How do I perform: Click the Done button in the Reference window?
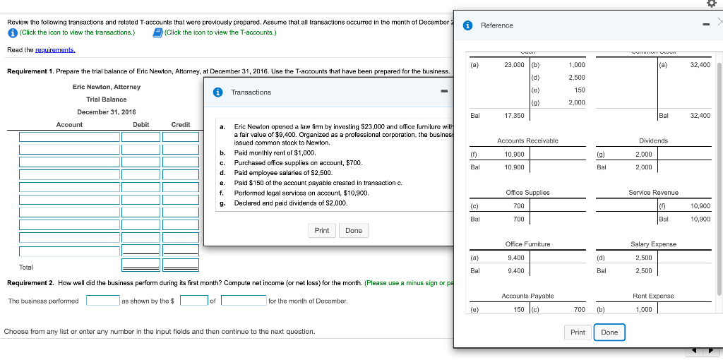(x=609, y=332)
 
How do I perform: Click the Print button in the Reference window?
(x=578, y=332)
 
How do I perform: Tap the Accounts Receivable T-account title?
(x=527, y=140)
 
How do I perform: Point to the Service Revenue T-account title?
(x=653, y=192)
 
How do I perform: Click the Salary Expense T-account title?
(x=653, y=244)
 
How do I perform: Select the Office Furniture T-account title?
(x=527, y=244)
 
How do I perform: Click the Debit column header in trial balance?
(x=141, y=124)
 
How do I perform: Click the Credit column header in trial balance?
(x=181, y=124)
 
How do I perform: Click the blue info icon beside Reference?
(x=467, y=25)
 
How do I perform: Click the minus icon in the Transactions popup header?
(x=444, y=92)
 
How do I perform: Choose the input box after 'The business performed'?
(x=102, y=301)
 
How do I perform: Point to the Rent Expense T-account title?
(x=653, y=296)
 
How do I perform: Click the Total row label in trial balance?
(x=26, y=268)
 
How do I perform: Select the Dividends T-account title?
(x=653, y=140)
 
